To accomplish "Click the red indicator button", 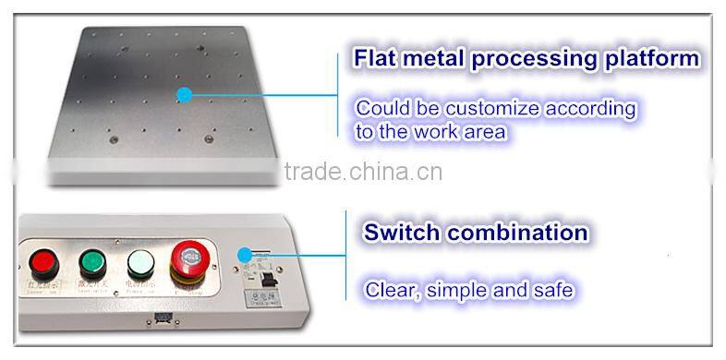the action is tap(44, 265).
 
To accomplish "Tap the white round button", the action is tap(139, 265).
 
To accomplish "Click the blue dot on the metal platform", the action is tap(184, 94).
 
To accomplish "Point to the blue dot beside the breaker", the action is tap(244, 255).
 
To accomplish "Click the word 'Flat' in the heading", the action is tap(375, 60).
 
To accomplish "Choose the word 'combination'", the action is tap(517, 232).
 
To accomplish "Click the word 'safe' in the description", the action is tap(552, 290).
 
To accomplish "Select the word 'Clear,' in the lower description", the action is tap(388, 290).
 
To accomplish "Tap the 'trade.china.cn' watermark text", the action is tap(364, 172).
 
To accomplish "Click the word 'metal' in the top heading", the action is tap(433, 60).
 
